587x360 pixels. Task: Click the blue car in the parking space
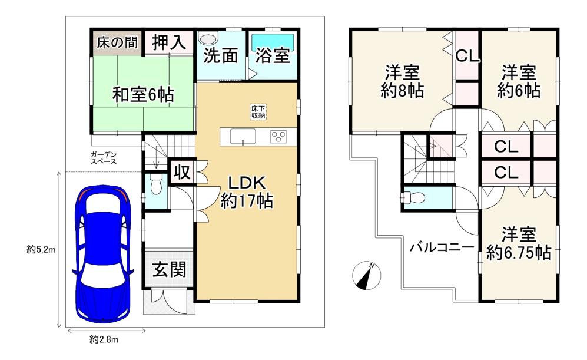(103, 253)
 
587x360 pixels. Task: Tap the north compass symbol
(366, 275)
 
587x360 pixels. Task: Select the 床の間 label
(117, 42)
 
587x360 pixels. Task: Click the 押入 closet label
(169, 42)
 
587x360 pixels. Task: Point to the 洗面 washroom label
(221, 56)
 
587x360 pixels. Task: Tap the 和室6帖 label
(144, 95)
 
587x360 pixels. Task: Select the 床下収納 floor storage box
(258, 111)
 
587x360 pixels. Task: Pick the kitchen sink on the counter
(243, 136)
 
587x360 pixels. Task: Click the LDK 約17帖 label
(246, 192)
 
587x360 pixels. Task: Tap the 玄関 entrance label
(169, 269)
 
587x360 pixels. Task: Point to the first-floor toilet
(155, 184)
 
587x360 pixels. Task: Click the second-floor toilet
(413, 197)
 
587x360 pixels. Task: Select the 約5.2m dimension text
(41, 249)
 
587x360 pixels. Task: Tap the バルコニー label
(442, 247)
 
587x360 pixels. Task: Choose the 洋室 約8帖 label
(403, 81)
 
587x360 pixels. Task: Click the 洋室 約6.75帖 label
(519, 243)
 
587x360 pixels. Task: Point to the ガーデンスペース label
(104, 158)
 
